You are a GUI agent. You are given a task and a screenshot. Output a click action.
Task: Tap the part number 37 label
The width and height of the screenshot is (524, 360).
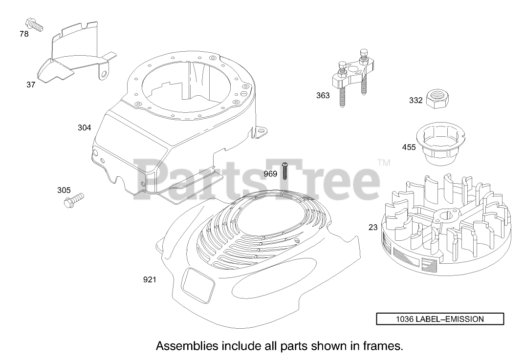tap(31, 85)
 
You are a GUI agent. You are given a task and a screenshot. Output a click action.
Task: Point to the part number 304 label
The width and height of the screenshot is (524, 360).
tap(84, 128)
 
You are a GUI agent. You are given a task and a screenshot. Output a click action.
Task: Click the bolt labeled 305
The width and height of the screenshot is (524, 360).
tap(74, 199)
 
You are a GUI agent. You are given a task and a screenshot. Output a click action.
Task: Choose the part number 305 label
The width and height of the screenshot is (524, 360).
tap(64, 190)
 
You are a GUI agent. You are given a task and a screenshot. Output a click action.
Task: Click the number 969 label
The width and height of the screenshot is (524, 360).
tap(270, 174)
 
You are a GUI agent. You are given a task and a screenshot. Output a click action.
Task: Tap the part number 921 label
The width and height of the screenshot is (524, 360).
tap(150, 279)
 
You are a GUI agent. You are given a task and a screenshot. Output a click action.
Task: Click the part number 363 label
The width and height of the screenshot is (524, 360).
tap(323, 96)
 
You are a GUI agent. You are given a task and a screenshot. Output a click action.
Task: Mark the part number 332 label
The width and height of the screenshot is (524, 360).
tap(415, 101)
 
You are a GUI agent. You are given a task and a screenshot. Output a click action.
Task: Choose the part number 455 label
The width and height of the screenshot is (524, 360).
tap(409, 147)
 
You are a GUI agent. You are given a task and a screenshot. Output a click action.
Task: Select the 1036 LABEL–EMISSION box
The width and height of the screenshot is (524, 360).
tap(439, 319)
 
